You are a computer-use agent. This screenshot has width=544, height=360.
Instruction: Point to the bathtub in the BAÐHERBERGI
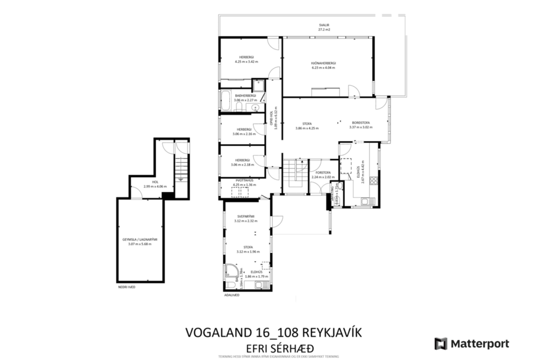point(226,100)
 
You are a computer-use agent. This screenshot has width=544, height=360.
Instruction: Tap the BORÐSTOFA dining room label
point(361,123)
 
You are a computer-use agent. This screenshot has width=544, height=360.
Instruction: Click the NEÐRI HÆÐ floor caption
point(127,287)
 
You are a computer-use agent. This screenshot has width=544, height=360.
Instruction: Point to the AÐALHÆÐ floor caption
point(232,294)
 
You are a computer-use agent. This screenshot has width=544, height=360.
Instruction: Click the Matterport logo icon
point(441,344)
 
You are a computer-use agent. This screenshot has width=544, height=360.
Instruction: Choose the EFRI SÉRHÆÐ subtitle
point(276,347)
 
